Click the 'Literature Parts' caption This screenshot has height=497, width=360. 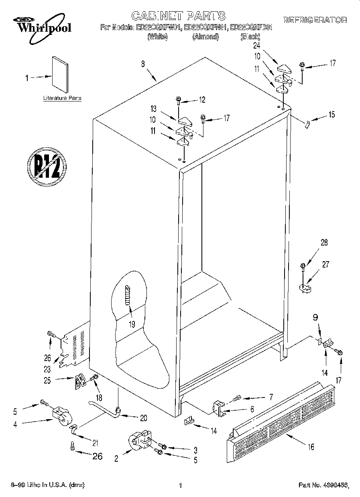click(x=62, y=98)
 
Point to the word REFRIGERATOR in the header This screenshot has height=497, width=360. click(x=315, y=20)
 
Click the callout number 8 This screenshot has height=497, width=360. click(x=143, y=63)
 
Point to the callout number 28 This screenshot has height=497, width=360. click(x=324, y=242)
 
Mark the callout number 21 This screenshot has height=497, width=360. click(x=95, y=443)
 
